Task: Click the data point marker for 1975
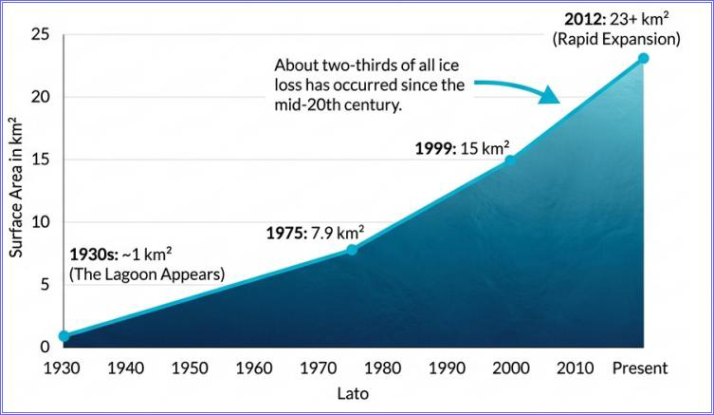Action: pos(352,250)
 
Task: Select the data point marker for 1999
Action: pos(510,160)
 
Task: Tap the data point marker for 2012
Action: pos(643,58)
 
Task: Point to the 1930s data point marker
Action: pos(64,336)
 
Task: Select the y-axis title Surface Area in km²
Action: pos(16,186)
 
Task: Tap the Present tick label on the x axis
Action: pos(641,368)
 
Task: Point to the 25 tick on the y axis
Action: pos(40,35)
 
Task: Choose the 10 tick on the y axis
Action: pos(40,222)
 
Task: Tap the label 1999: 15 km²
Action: pos(463,148)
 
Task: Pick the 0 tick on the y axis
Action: pos(45,348)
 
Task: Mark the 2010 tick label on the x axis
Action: pos(575,368)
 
